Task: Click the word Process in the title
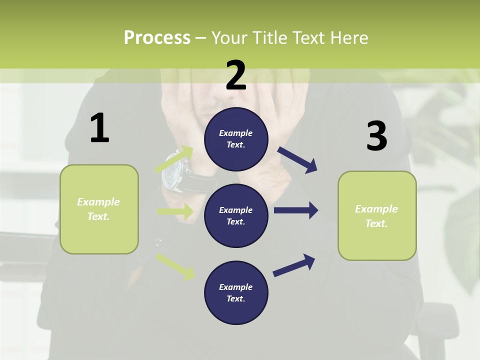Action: pos(157,37)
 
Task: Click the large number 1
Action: pos(99,128)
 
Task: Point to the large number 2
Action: pos(236,75)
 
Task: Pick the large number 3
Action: pos(376,136)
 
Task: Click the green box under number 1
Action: pos(99,209)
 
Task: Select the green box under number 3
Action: pos(377,215)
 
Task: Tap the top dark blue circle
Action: pos(236,139)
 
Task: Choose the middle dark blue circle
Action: pos(236,215)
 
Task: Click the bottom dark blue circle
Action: pos(236,292)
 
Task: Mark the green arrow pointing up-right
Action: pos(174,159)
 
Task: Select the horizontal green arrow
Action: pos(175,211)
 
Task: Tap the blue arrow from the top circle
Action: pos(297,160)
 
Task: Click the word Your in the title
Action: pos(231,37)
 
